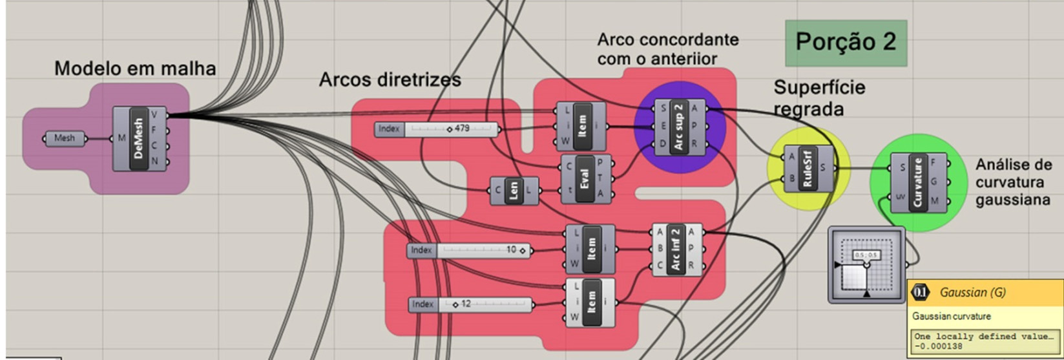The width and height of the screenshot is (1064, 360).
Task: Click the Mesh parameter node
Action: [65, 138]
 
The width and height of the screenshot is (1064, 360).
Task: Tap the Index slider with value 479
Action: [437, 129]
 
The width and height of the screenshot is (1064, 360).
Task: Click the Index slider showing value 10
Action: [470, 250]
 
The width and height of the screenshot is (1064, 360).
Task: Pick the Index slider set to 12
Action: [471, 304]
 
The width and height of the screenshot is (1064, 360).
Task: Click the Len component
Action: [514, 191]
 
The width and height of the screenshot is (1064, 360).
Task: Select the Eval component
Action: [585, 179]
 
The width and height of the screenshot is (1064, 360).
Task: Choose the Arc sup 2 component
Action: [679, 127]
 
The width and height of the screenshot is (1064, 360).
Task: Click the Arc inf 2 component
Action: [676, 249]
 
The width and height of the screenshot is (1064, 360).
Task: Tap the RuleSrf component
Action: [808, 168]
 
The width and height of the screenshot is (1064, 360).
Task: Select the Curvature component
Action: [917, 182]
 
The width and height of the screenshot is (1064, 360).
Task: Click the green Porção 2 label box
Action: [846, 43]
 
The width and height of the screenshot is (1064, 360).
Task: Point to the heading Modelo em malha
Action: [135, 69]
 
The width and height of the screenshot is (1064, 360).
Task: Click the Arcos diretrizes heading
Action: [390, 79]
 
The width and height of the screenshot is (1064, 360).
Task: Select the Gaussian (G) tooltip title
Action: [972, 292]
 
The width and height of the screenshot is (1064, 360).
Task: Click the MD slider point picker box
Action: [866, 264]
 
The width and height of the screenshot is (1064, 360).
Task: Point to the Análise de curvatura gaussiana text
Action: [1013, 183]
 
